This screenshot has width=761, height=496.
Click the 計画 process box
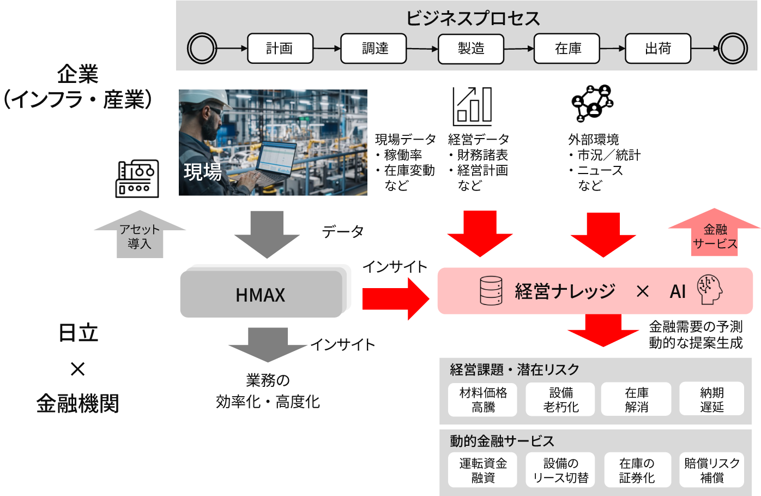[x=280, y=49]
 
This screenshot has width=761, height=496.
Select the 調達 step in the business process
[x=373, y=49]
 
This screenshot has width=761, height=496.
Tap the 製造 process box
[x=471, y=49]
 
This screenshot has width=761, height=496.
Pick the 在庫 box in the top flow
[x=567, y=49]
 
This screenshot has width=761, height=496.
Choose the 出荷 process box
[x=658, y=49]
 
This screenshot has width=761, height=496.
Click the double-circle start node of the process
[x=202, y=49]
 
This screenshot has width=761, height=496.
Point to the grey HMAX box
[x=261, y=295]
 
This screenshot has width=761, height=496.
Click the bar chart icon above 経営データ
[x=473, y=106]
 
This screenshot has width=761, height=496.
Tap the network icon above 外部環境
[x=592, y=103]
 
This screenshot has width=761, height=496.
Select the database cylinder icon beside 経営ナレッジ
[x=491, y=290]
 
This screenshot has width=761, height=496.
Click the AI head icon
[x=710, y=289]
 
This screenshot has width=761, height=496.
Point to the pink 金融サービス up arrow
[x=714, y=233]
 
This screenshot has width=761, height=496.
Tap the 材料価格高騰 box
[x=483, y=399]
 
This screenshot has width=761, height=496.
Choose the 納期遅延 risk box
[x=711, y=399]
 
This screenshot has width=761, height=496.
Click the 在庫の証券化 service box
[x=636, y=470]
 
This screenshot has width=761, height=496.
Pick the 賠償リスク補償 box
[x=711, y=470]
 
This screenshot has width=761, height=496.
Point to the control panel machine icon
[x=137, y=178]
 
